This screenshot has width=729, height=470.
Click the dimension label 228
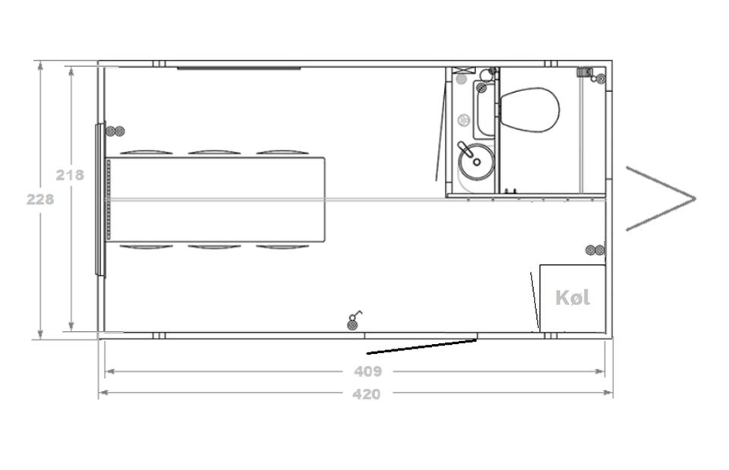pyautogui.click(x=40, y=200)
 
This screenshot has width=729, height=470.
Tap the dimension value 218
pyautogui.click(x=70, y=175)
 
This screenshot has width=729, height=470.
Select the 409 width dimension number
pyautogui.click(x=368, y=371)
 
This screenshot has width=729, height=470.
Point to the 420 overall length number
pyautogui.click(x=366, y=394)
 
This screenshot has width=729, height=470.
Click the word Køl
pyautogui.click(x=573, y=298)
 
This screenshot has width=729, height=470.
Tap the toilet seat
pyautogui.click(x=529, y=110)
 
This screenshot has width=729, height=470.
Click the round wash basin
pyautogui.click(x=475, y=162)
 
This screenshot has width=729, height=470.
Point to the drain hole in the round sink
pyautogui.click(x=477, y=162)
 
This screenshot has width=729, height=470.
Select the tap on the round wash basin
pyautogui.click(x=464, y=149)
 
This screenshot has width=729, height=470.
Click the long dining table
pyautogui.click(x=216, y=200)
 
